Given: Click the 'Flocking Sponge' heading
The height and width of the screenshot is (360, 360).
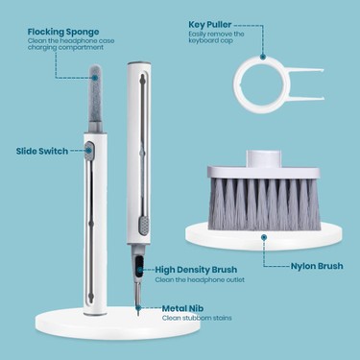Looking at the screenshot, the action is click(63, 32).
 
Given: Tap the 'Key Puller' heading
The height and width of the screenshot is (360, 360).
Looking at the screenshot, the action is click(209, 25).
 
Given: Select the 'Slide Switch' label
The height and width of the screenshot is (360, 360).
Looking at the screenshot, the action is click(42, 151).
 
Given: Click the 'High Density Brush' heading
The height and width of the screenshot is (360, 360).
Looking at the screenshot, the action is click(196, 270).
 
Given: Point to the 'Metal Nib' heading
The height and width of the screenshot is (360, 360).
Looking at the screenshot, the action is click(182, 308).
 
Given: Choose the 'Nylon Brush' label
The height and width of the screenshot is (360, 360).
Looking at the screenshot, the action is click(317, 266).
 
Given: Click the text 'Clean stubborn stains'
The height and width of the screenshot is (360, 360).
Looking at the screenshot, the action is click(197, 318).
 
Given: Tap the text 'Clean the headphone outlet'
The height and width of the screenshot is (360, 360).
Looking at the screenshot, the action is click(200, 279).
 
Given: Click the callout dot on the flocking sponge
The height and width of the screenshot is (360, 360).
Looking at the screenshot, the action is click(95, 78).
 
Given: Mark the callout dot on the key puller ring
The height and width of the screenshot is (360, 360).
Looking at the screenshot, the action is click(262, 57).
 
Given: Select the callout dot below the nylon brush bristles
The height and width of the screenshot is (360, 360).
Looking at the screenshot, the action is click(264, 237).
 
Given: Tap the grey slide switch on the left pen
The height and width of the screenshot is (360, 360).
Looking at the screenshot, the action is click(88, 152).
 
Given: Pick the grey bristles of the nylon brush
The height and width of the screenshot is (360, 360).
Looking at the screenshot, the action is click(264, 204).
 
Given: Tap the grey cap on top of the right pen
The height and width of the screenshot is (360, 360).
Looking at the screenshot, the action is click(139, 63).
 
